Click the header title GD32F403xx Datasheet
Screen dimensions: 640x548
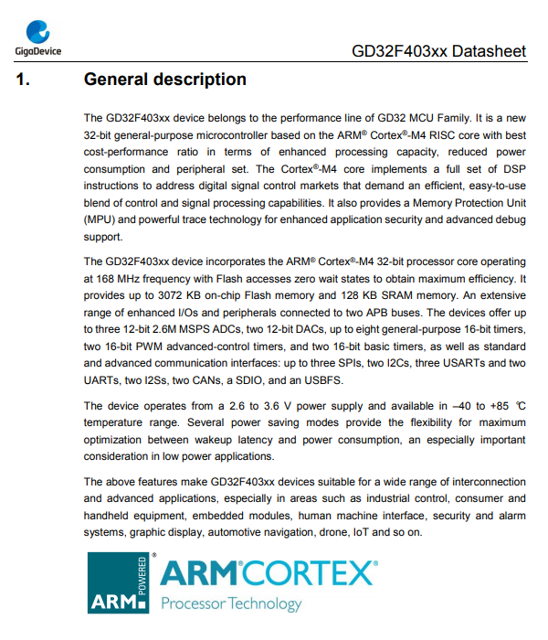point(438,51)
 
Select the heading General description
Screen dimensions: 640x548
point(164,80)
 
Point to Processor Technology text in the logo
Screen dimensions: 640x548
point(230,603)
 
